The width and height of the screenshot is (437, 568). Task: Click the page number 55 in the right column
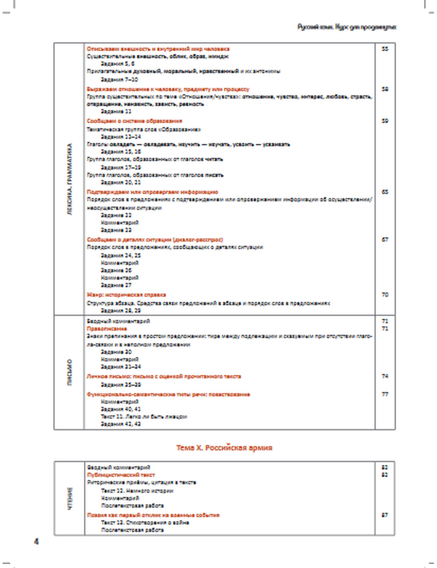[x=385, y=49]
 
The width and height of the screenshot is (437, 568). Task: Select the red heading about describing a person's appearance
[x=158, y=49]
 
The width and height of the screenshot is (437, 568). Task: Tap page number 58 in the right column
[x=385, y=89]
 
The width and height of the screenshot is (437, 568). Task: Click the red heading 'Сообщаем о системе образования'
[x=134, y=121]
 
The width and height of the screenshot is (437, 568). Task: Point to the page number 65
[x=385, y=192]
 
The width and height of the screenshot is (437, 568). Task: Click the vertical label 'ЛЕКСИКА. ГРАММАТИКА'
[x=70, y=179]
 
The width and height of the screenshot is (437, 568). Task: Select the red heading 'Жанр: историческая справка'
[x=126, y=295]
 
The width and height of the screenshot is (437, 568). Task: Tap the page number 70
[x=385, y=295]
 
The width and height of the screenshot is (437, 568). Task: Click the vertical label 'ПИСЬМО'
[x=70, y=372]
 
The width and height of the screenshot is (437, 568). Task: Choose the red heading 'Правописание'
[x=107, y=329]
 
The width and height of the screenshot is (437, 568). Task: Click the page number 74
[x=385, y=376]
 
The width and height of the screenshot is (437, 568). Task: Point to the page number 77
[x=385, y=395]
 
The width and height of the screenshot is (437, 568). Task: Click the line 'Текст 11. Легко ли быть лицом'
[x=144, y=416]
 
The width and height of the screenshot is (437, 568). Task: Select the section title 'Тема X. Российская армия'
[x=224, y=448]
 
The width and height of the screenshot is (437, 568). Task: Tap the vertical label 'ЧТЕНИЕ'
[x=70, y=499]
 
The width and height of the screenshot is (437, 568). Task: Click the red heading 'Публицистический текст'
[x=121, y=475]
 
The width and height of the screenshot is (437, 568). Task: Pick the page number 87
[x=385, y=515]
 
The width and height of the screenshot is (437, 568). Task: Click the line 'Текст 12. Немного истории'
[x=137, y=491]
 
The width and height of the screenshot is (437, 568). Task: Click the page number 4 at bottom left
[x=36, y=542]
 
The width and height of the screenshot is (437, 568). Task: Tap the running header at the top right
[x=347, y=27]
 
